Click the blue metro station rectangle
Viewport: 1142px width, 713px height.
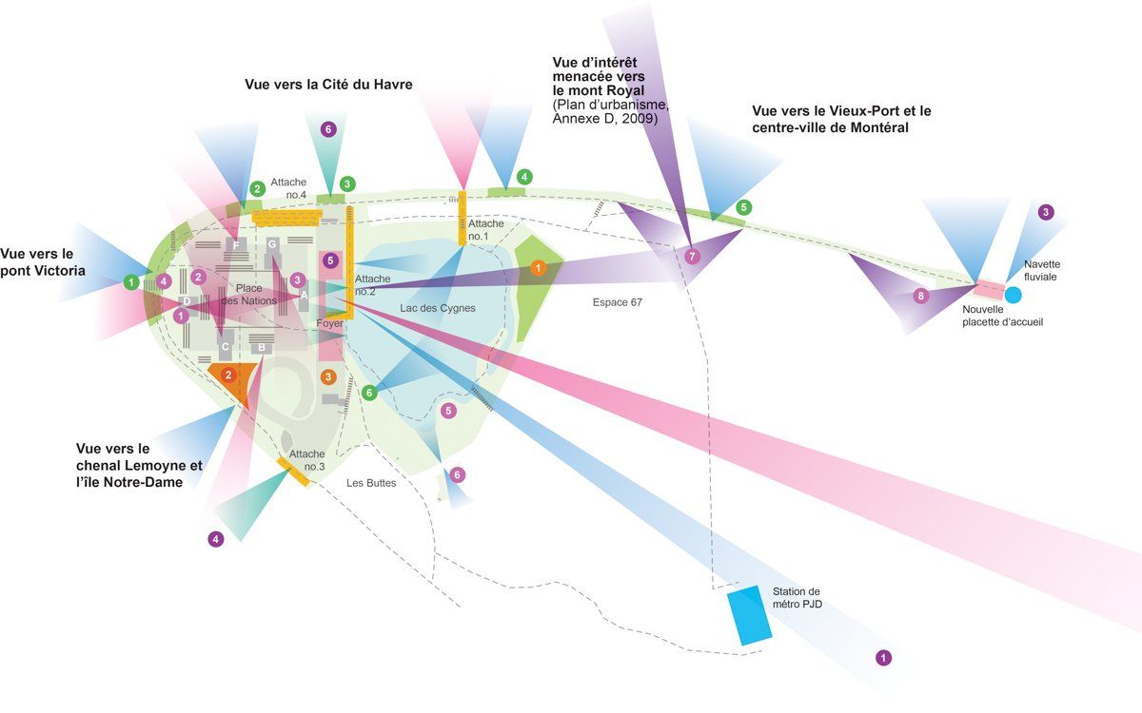(x=749, y=615)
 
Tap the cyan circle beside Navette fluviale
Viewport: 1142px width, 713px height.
(x=1013, y=295)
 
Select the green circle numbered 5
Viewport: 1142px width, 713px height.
(x=744, y=207)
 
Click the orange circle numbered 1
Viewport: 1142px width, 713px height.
(x=538, y=267)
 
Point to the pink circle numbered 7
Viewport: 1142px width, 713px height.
(x=692, y=256)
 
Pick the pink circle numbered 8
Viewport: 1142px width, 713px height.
(x=921, y=296)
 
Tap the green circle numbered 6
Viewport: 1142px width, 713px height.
(x=369, y=393)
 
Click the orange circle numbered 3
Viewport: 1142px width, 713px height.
(x=328, y=376)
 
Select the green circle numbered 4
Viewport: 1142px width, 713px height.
(x=524, y=177)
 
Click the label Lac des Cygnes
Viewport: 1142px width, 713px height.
(x=438, y=308)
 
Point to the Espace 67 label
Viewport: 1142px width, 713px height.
(x=618, y=302)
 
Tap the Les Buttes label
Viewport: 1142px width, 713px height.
(x=371, y=483)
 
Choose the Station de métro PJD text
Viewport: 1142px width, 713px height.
(x=797, y=598)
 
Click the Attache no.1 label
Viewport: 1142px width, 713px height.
(x=486, y=230)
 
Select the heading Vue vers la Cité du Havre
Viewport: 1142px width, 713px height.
(x=328, y=84)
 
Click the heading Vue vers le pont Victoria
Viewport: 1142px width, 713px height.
(x=43, y=261)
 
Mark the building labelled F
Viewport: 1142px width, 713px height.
(x=236, y=245)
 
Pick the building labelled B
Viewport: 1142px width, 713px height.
(x=262, y=347)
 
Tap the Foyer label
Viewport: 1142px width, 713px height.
(x=329, y=323)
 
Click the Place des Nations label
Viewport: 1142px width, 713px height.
(x=248, y=295)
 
